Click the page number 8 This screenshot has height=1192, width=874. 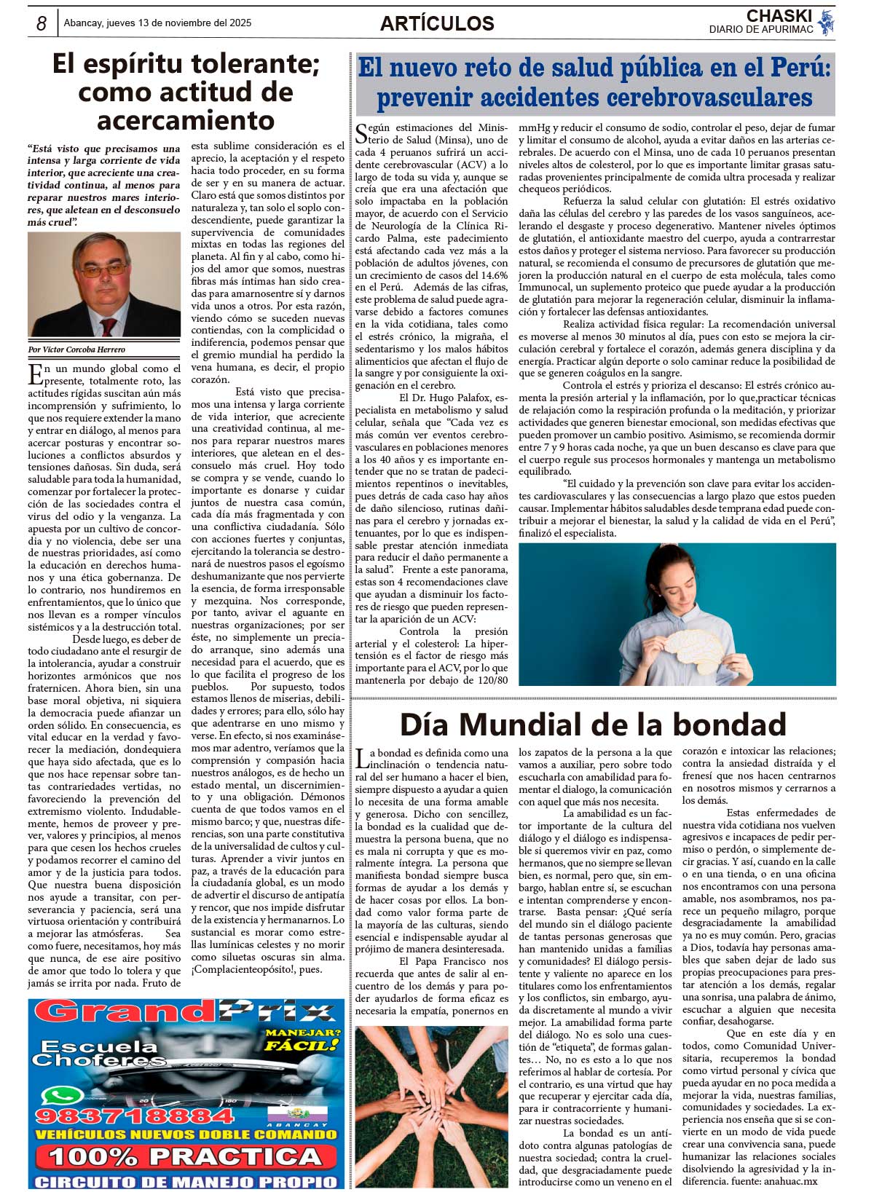42,24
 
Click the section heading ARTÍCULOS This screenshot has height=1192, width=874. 437,24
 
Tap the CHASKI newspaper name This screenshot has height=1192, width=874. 779,16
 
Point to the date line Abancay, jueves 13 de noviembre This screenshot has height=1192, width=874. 157,23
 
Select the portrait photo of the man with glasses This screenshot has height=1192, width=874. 104,285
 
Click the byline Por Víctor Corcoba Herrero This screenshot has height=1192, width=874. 76,350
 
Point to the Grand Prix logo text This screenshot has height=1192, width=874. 185,1012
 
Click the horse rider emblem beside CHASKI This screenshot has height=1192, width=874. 825,23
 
